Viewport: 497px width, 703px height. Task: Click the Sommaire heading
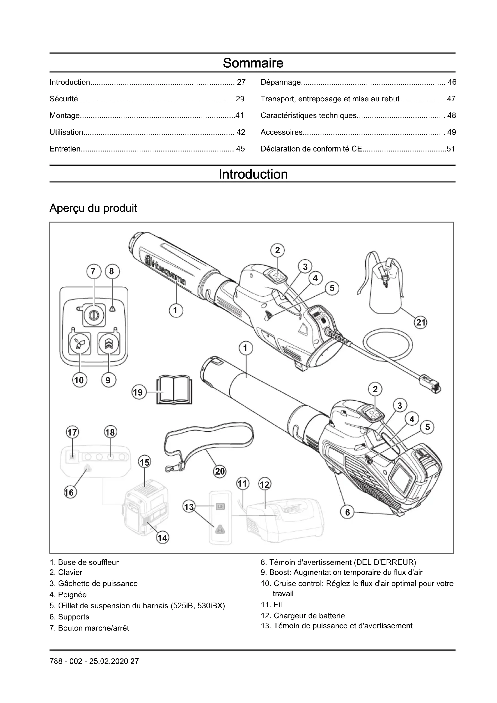pyautogui.click(x=253, y=63)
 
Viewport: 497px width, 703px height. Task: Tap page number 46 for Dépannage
pyautogui.click(x=452, y=82)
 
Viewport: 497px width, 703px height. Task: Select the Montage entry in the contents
pyautogui.click(x=65, y=115)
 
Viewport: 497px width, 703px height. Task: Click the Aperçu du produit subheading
pyautogui.click(x=93, y=208)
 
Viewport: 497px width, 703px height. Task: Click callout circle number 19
pyautogui.click(x=138, y=392)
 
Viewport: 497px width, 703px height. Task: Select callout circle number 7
pyautogui.click(x=93, y=271)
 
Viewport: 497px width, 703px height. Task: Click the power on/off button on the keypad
pyautogui.click(x=94, y=315)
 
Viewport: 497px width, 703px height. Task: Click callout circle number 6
pyautogui.click(x=347, y=512)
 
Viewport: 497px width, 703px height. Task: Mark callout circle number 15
pyautogui.click(x=145, y=462)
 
